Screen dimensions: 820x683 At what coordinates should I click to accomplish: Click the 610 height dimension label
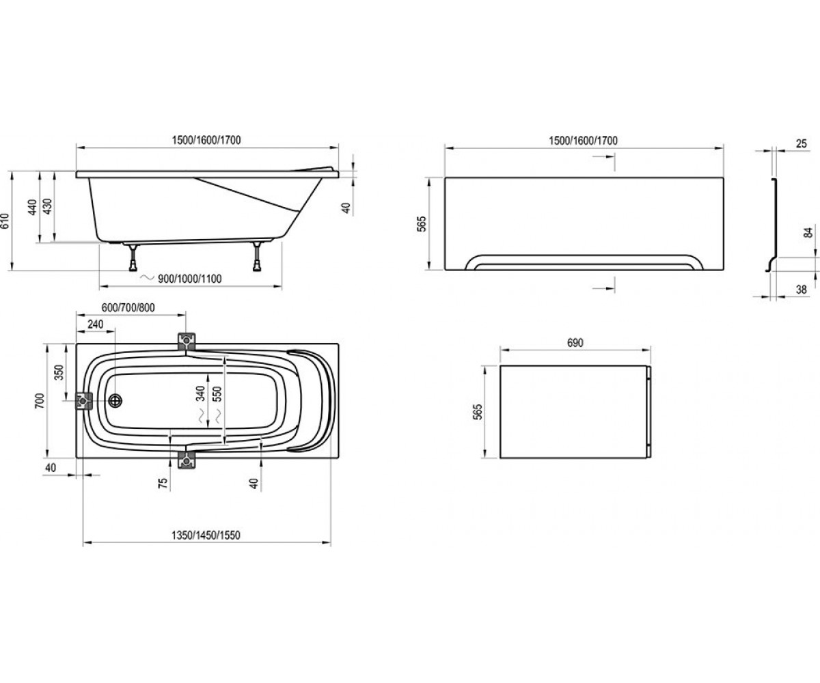(5, 221)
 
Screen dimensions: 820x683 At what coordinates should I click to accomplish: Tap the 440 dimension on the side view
(32, 207)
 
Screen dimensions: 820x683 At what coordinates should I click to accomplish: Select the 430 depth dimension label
(46, 206)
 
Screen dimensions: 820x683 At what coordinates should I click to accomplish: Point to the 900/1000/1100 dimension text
(190, 279)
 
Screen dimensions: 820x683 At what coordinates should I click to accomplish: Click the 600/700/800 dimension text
(128, 307)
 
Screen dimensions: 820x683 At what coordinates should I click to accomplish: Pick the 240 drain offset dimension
(96, 324)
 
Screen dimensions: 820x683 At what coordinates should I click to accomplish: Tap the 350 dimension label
(59, 372)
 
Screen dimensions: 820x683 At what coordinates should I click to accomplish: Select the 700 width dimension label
(40, 401)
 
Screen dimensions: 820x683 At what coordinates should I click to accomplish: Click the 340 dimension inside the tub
(200, 393)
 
